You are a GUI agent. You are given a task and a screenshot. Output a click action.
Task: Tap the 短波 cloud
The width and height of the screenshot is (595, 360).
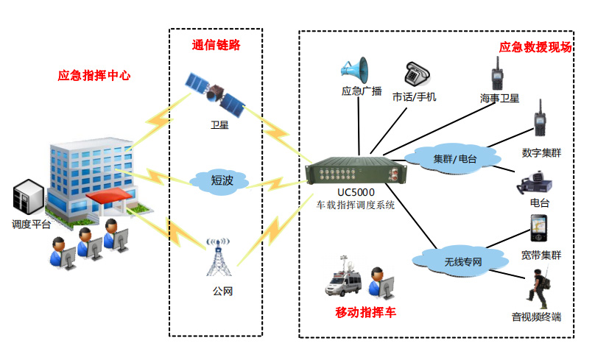[x=220, y=180]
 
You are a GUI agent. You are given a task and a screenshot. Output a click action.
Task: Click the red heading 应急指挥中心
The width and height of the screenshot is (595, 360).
[x=94, y=76]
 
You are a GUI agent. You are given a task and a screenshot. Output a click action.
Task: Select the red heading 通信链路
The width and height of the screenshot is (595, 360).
[x=216, y=45]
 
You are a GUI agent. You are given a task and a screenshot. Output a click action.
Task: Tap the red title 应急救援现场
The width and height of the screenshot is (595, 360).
[x=535, y=47]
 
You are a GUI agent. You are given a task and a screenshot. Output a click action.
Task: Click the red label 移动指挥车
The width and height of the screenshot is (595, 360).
[x=365, y=313]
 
